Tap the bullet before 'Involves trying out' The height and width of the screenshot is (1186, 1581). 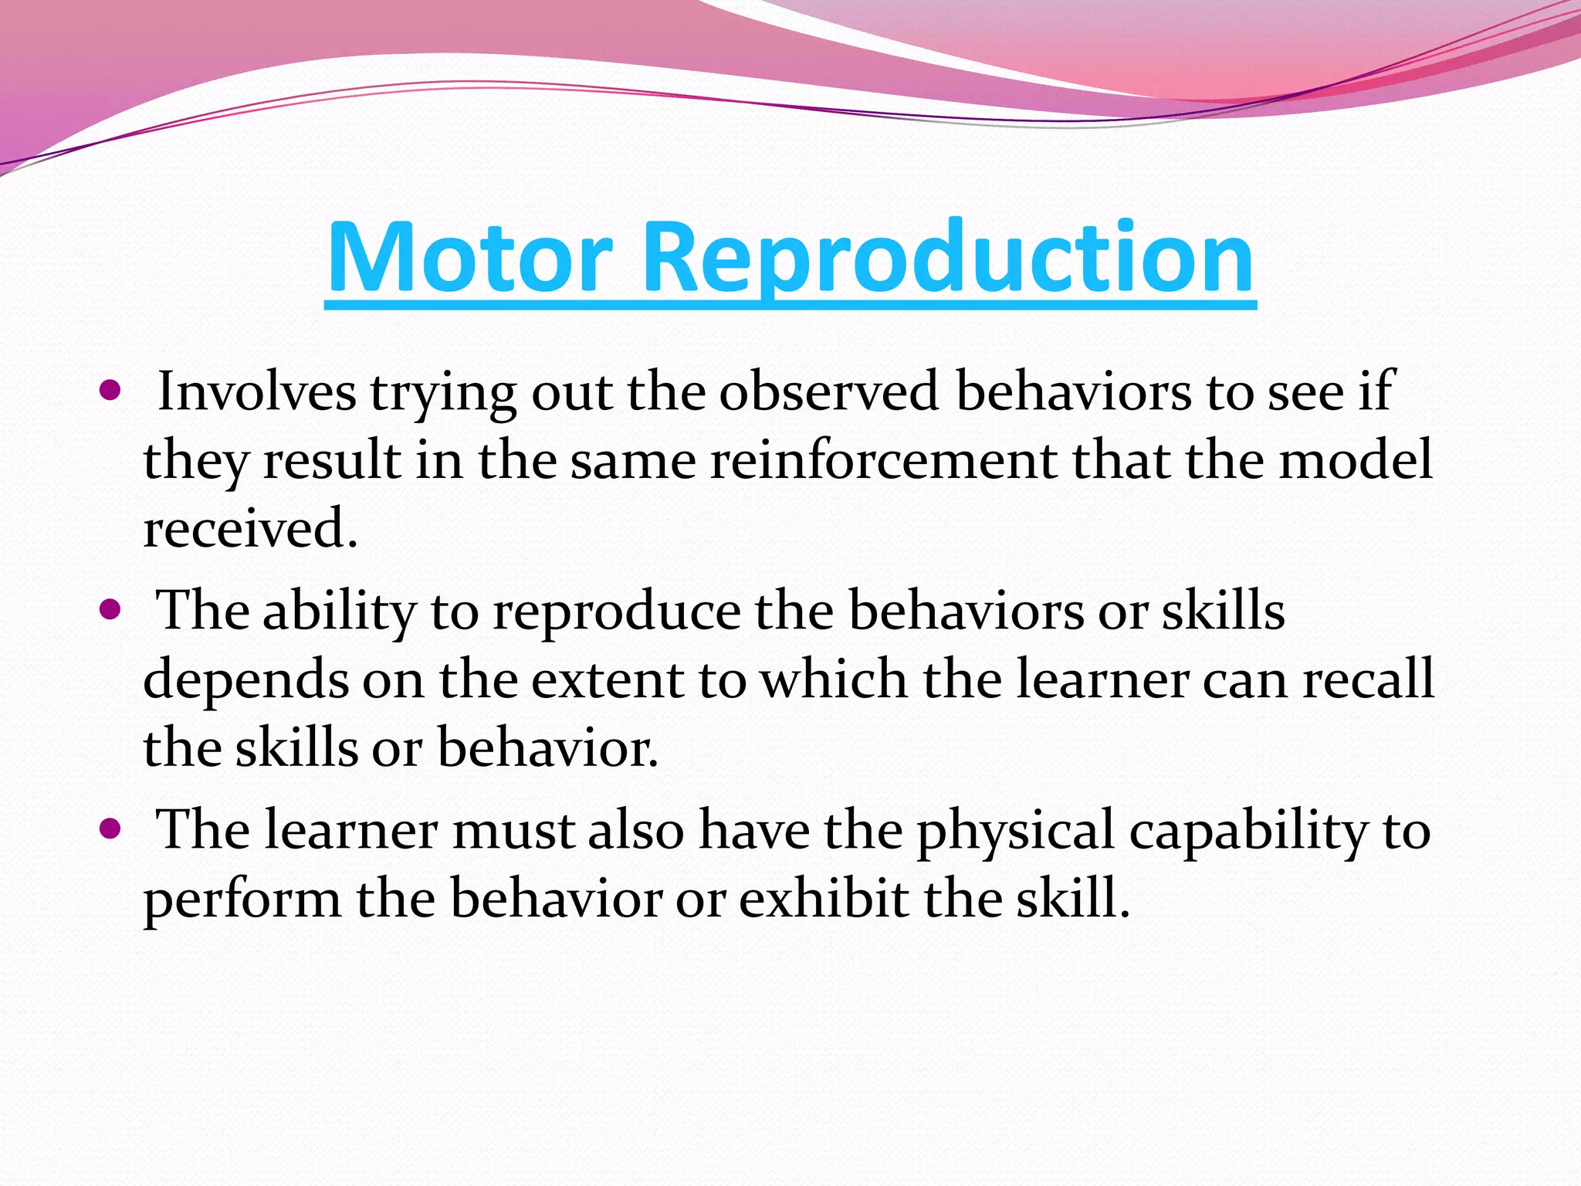(111, 391)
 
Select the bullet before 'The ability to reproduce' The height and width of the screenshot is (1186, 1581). (111, 610)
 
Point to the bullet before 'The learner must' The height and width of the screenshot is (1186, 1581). (111, 829)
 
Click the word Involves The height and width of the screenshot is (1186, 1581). (256, 391)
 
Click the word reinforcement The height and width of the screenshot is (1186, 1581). (883, 460)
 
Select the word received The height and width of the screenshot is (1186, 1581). (250, 529)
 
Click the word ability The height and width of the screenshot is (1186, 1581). (339, 612)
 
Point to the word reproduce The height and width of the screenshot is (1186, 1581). (616, 612)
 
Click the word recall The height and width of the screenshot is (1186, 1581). (1367, 679)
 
